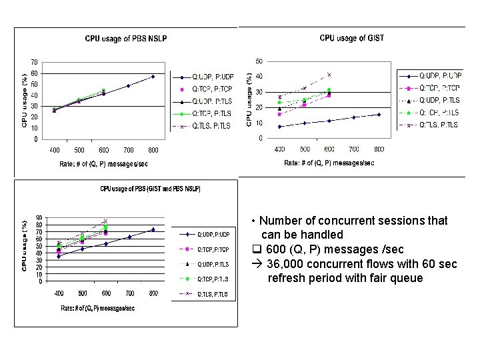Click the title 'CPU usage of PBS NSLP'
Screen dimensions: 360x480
tap(125, 39)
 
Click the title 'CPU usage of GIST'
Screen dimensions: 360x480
tap(351, 38)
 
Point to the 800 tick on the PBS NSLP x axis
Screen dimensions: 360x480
tap(153, 151)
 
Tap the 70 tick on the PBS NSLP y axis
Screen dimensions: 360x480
tap(33, 62)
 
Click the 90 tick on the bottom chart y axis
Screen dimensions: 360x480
tap(39, 217)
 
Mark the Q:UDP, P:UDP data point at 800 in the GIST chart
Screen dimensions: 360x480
tap(379, 115)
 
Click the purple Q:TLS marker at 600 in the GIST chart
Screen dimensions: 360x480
tap(329, 75)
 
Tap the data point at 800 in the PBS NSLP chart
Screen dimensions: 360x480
tap(153, 77)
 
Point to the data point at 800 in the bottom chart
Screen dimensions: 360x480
tap(153, 230)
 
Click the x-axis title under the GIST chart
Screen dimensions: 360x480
tap(329, 163)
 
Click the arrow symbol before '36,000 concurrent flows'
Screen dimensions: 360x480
tap(256, 264)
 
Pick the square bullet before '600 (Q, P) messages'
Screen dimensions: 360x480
tap(256, 249)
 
